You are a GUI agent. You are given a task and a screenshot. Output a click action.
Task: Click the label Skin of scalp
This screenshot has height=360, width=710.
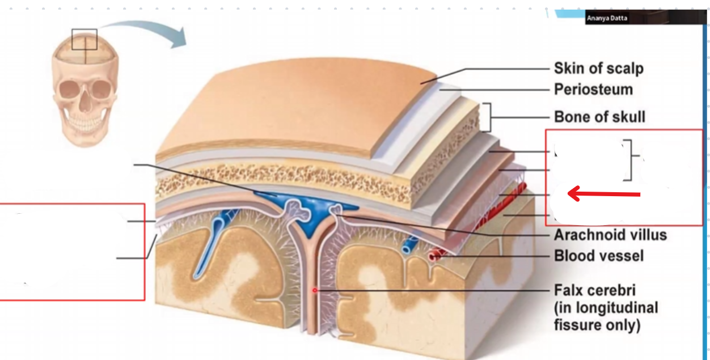tap(598, 69)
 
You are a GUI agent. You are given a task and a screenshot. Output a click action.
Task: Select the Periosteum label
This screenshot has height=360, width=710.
tap(593, 90)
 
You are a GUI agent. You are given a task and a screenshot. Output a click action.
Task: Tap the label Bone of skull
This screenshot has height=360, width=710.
tap(599, 117)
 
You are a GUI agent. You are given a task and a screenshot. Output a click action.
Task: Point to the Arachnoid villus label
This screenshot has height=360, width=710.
tap(610, 235)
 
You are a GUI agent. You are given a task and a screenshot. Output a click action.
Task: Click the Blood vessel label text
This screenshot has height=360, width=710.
tap(599, 256)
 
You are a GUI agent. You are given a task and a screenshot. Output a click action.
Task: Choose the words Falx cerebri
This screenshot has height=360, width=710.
tap(595, 291)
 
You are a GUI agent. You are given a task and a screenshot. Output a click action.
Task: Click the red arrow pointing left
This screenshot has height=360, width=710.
tap(603, 194)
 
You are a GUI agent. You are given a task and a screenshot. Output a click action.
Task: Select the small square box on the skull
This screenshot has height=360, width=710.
tap(84, 39)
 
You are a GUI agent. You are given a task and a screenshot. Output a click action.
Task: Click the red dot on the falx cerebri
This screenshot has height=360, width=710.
tap(315, 290)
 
